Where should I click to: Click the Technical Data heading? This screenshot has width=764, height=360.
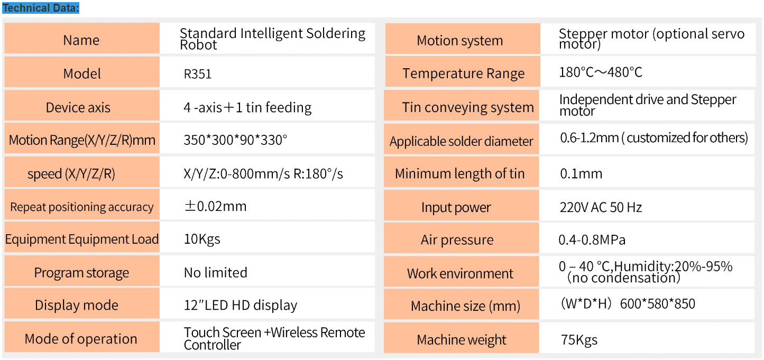pos(41,8)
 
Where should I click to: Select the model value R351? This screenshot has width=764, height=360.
pos(198,74)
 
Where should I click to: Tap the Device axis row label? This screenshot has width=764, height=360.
pos(78,107)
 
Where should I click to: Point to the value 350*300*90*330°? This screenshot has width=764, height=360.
pos(235,140)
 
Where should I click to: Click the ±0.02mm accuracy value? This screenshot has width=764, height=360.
pos(215,206)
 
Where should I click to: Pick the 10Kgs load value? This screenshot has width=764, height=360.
pos(202,239)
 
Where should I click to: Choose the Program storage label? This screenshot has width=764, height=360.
pos(81,273)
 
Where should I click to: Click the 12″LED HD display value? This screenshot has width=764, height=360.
pos(240,305)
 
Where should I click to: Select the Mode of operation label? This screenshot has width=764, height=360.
pos(81,339)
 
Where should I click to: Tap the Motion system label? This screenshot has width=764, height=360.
pos(460,41)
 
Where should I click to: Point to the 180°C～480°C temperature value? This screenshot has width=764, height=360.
pos(601,72)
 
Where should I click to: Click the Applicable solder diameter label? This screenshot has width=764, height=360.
pos(462,141)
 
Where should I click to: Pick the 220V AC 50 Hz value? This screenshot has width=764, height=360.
pos(601,207)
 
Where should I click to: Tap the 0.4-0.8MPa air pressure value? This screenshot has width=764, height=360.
pos(592,240)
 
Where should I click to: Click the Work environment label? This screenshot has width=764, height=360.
pos(460,273)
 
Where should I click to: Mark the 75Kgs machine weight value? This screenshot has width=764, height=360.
pos(579,339)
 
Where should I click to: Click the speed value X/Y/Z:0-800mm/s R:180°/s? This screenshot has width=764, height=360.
pos(263,173)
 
